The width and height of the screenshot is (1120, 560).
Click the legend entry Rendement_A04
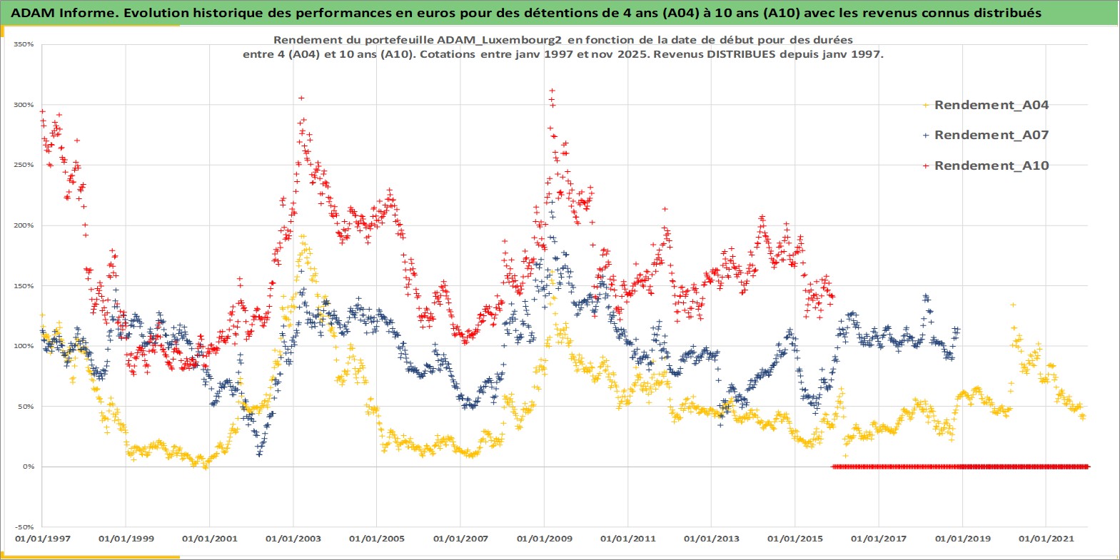pyautogui.click(x=991, y=105)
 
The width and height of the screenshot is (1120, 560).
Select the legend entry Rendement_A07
pyautogui.click(x=991, y=135)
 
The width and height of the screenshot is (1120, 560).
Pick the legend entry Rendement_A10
pyautogui.click(x=991, y=166)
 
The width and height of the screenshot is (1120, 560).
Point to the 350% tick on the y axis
pyautogui.click(x=24, y=44)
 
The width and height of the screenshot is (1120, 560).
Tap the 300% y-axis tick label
pyautogui.click(x=24, y=105)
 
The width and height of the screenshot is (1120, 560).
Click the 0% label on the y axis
pyautogui.click(x=28, y=467)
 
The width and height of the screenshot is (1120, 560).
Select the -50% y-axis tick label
pyautogui.click(x=25, y=527)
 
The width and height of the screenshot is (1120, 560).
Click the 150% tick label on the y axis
pyautogui.click(x=24, y=286)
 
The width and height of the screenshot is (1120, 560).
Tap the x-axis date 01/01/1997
pyautogui.click(x=43, y=539)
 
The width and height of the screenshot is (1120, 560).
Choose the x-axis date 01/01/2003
pyautogui.click(x=293, y=539)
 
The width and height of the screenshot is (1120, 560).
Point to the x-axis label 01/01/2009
pyautogui.click(x=545, y=539)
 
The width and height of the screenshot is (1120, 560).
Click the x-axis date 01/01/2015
pyautogui.click(x=795, y=539)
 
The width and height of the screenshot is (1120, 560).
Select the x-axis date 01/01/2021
pyautogui.click(x=1046, y=539)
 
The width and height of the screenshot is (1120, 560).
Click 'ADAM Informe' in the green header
pyautogui.click(x=57, y=13)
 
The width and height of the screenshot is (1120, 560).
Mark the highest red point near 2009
pyautogui.click(x=552, y=91)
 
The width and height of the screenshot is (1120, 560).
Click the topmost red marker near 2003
pyautogui.click(x=301, y=98)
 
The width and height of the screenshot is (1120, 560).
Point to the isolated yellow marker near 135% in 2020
pyautogui.click(x=1012, y=305)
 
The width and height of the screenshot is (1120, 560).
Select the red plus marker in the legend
pyautogui.click(x=926, y=166)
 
